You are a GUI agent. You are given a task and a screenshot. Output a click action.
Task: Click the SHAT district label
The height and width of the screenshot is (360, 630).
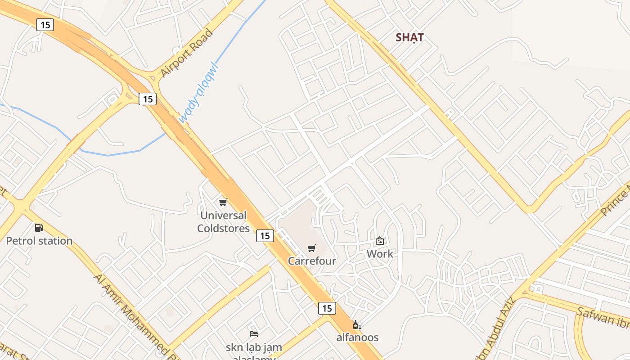409,37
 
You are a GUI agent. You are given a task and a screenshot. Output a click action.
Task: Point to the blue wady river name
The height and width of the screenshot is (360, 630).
198,93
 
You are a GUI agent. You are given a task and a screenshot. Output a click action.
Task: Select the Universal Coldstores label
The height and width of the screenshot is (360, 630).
223,222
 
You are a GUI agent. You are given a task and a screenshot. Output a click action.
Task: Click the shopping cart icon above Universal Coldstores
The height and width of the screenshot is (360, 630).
223,202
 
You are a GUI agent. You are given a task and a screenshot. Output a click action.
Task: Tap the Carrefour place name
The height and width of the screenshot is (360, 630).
312,261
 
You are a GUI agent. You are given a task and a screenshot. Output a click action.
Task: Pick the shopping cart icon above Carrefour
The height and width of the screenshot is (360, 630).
311,248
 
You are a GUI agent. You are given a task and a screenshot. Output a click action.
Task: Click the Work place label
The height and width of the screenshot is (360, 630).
380,254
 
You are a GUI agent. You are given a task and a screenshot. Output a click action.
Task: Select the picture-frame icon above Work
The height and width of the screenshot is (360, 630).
380,241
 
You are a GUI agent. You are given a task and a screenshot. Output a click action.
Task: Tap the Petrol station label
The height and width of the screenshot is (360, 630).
39,241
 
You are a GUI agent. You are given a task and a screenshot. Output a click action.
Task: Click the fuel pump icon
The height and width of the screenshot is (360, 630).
39,228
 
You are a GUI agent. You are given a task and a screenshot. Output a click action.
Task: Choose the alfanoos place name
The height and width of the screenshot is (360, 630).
357,337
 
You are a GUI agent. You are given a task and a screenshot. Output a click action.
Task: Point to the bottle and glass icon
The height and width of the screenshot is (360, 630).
357,324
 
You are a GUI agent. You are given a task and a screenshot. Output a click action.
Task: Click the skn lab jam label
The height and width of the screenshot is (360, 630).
254,347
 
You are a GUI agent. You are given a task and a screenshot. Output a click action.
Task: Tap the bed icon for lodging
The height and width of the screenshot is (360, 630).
254,333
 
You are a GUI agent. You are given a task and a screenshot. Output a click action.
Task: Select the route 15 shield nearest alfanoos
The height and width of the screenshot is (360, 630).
327,308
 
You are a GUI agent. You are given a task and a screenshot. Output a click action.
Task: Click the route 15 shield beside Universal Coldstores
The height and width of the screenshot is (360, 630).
265,235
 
